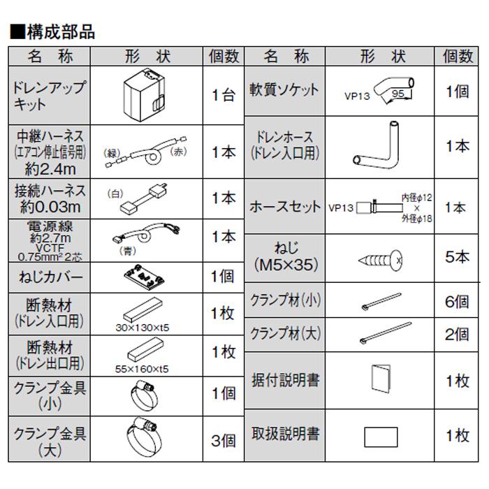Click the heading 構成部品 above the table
(x=53, y=31)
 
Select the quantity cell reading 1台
(x=223, y=95)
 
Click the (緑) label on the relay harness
(x=112, y=152)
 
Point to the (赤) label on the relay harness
(x=179, y=152)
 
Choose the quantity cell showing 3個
(x=223, y=440)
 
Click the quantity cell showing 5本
(x=458, y=256)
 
